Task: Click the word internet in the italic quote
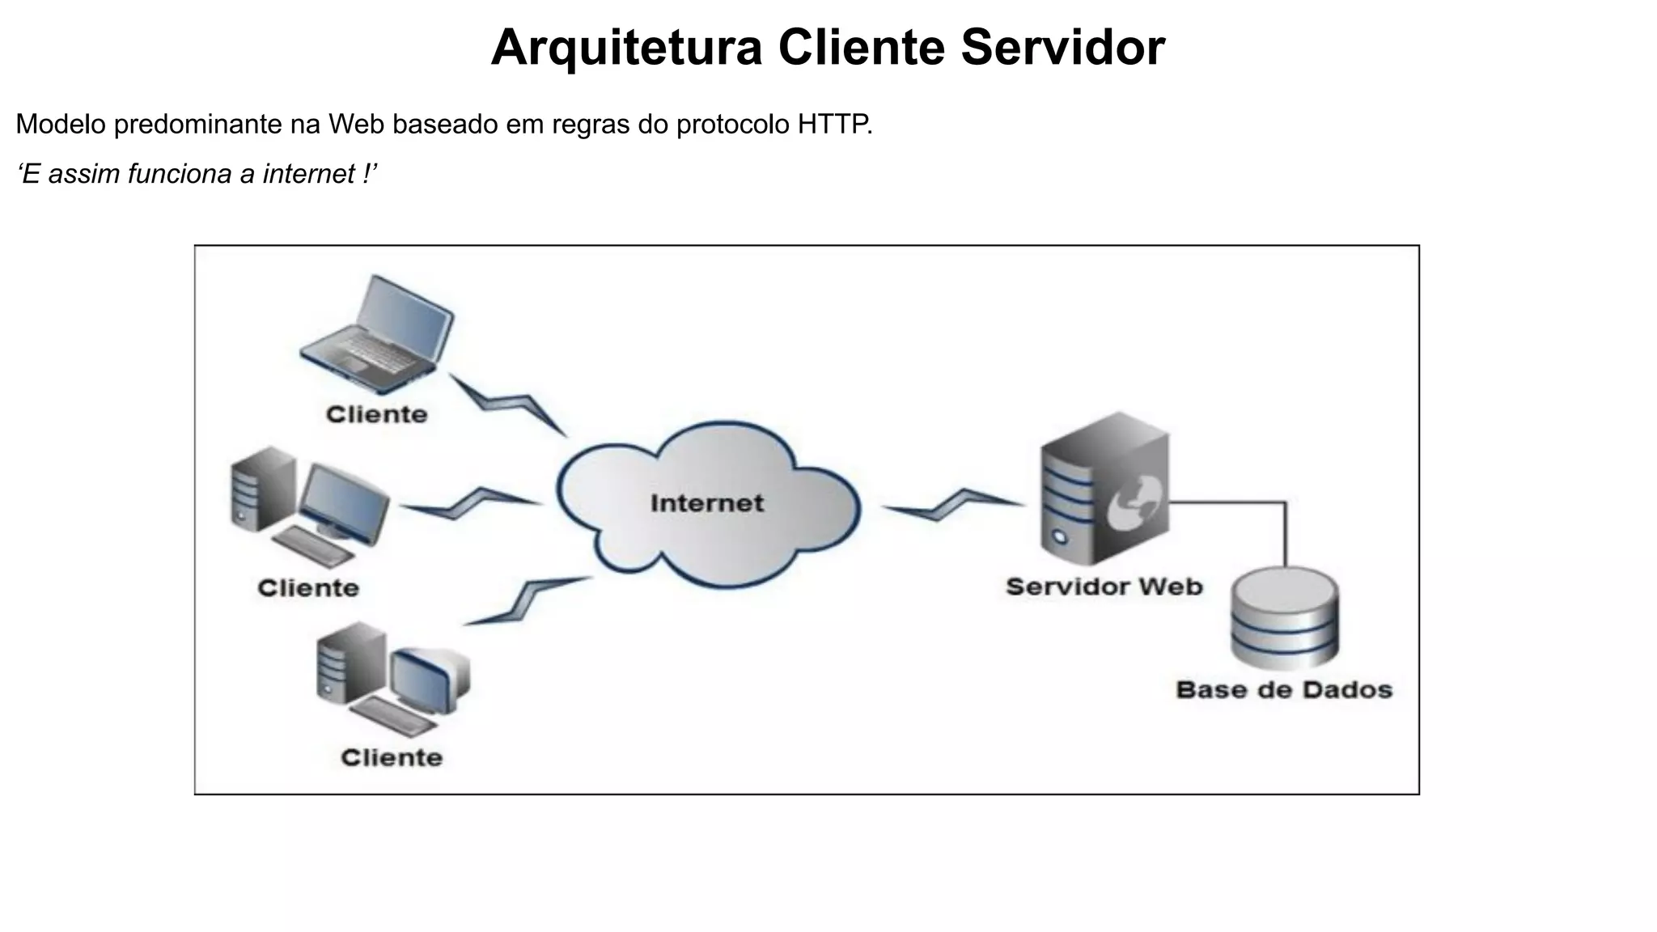308,174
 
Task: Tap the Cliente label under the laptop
376,414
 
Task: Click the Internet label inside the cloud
706,503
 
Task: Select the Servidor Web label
1104,587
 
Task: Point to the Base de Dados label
1283,690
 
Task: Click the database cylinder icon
1283,619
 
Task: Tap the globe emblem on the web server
1137,502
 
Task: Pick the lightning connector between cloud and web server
952,505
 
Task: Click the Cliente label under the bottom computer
392,758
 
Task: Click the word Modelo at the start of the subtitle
61,125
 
